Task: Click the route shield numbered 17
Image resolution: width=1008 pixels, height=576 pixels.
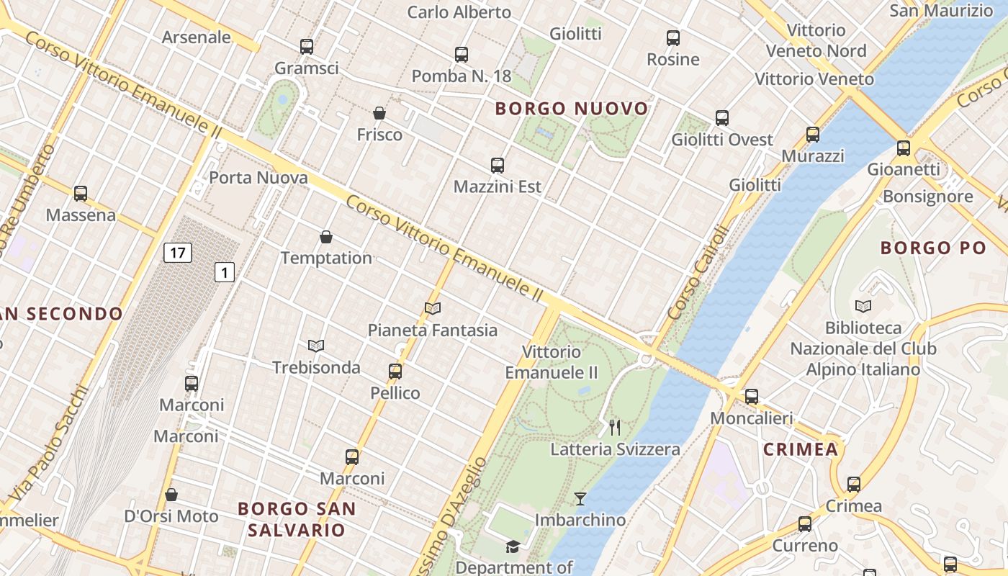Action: point(177,253)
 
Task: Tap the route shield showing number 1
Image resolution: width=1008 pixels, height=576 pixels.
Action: point(225,272)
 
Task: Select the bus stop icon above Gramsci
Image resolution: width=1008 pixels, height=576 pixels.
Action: point(307,47)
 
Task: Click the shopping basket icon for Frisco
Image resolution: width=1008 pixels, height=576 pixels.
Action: point(379,113)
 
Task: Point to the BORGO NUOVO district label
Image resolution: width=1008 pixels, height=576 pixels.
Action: point(572,109)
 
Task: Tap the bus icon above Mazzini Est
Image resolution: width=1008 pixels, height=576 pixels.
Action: point(498,165)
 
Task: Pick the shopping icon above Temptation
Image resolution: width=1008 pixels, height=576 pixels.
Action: point(326,236)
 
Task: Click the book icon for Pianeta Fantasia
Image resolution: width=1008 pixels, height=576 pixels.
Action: point(433,308)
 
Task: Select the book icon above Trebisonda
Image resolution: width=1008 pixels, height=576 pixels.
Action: point(316,346)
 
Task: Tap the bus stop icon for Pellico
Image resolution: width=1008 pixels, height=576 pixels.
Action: point(395,372)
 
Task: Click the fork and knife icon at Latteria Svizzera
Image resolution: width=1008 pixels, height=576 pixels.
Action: point(615,428)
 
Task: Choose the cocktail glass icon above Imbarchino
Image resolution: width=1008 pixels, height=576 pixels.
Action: point(580,498)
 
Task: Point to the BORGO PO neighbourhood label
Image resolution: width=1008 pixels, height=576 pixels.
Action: point(933,248)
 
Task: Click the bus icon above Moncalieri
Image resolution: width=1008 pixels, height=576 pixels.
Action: point(752,396)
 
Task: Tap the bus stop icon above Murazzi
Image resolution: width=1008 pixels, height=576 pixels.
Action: point(813,134)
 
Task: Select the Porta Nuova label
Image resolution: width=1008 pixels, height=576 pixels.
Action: point(258,178)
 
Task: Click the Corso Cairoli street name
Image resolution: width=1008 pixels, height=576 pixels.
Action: point(698,274)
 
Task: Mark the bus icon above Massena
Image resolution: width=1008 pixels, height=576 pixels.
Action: point(81,193)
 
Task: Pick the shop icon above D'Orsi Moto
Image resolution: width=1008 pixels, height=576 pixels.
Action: point(171,495)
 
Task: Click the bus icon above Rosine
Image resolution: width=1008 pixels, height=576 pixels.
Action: point(673,37)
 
